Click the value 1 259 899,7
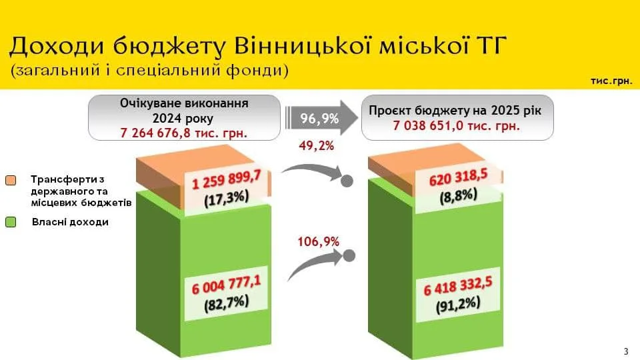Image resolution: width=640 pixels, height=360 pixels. click(226, 179)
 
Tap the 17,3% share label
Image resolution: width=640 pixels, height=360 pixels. click(227, 199)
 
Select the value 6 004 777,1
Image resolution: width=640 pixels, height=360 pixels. click(226, 284)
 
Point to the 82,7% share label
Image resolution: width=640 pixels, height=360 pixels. click(227, 303)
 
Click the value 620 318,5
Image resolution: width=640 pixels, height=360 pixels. click(459, 177)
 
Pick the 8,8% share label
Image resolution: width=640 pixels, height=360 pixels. click(459, 196)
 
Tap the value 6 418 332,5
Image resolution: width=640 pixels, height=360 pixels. click(458, 285)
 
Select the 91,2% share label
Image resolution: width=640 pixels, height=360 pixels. click(458, 305)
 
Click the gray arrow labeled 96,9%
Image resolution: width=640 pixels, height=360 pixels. click(321, 118)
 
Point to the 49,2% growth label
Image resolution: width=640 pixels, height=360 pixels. click(316, 145)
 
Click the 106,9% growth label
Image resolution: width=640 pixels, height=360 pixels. click(319, 241)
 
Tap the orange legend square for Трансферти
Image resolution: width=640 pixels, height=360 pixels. click(11, 181)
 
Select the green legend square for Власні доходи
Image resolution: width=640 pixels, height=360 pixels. click(11, 222)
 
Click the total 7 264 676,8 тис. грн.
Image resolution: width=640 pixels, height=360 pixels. click(184, 133)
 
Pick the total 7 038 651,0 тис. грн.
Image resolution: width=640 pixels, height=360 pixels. click(457, 125)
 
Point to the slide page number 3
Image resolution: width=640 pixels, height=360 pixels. click(626, 351)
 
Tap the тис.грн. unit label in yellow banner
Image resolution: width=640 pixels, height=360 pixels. click(611, 81)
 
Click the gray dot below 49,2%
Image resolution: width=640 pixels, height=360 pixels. click(347, 181)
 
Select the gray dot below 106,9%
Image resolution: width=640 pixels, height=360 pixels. click(349, 256)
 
